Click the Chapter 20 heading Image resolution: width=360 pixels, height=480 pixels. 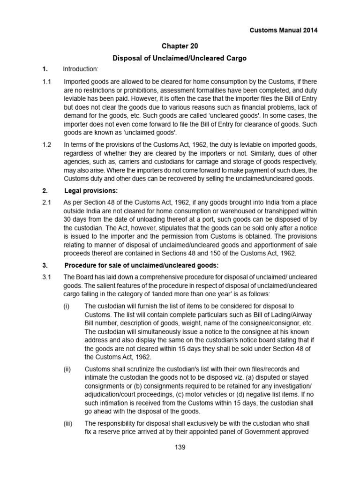click(x=180, y=46)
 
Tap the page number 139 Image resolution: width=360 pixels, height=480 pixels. click(x=180, y=447)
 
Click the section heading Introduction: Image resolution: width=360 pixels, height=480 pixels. click(x=81, y=70)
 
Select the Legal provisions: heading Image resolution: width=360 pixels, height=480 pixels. click(x=90, y=191)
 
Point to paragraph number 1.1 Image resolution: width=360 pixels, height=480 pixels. click(x=47, y=82)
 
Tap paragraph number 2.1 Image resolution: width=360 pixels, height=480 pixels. click(x=47, y=202)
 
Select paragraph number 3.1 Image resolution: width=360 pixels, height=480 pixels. click(x=47, y=277)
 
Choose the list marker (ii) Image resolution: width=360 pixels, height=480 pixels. click(x=67, y=369)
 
